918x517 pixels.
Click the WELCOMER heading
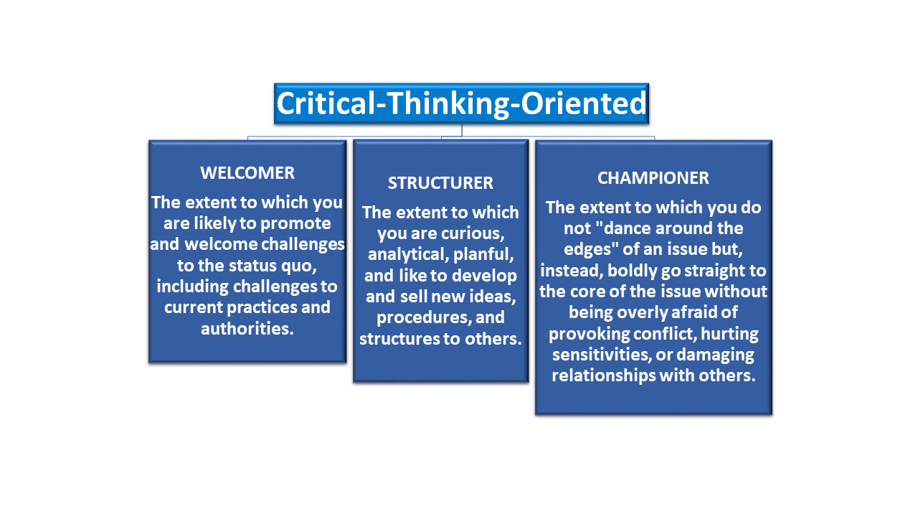(247, 173)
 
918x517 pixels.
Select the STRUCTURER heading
(440, 183)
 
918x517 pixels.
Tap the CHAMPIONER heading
(653, 178)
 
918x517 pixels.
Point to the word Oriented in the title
(584, 103)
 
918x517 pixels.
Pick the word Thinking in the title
(448, 103)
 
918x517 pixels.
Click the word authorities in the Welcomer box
(247, 328)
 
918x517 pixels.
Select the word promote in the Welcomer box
(295, 223)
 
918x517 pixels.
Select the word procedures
(424, 317)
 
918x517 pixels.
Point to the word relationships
(603, 376)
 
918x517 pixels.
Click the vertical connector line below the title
(462, 131)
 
